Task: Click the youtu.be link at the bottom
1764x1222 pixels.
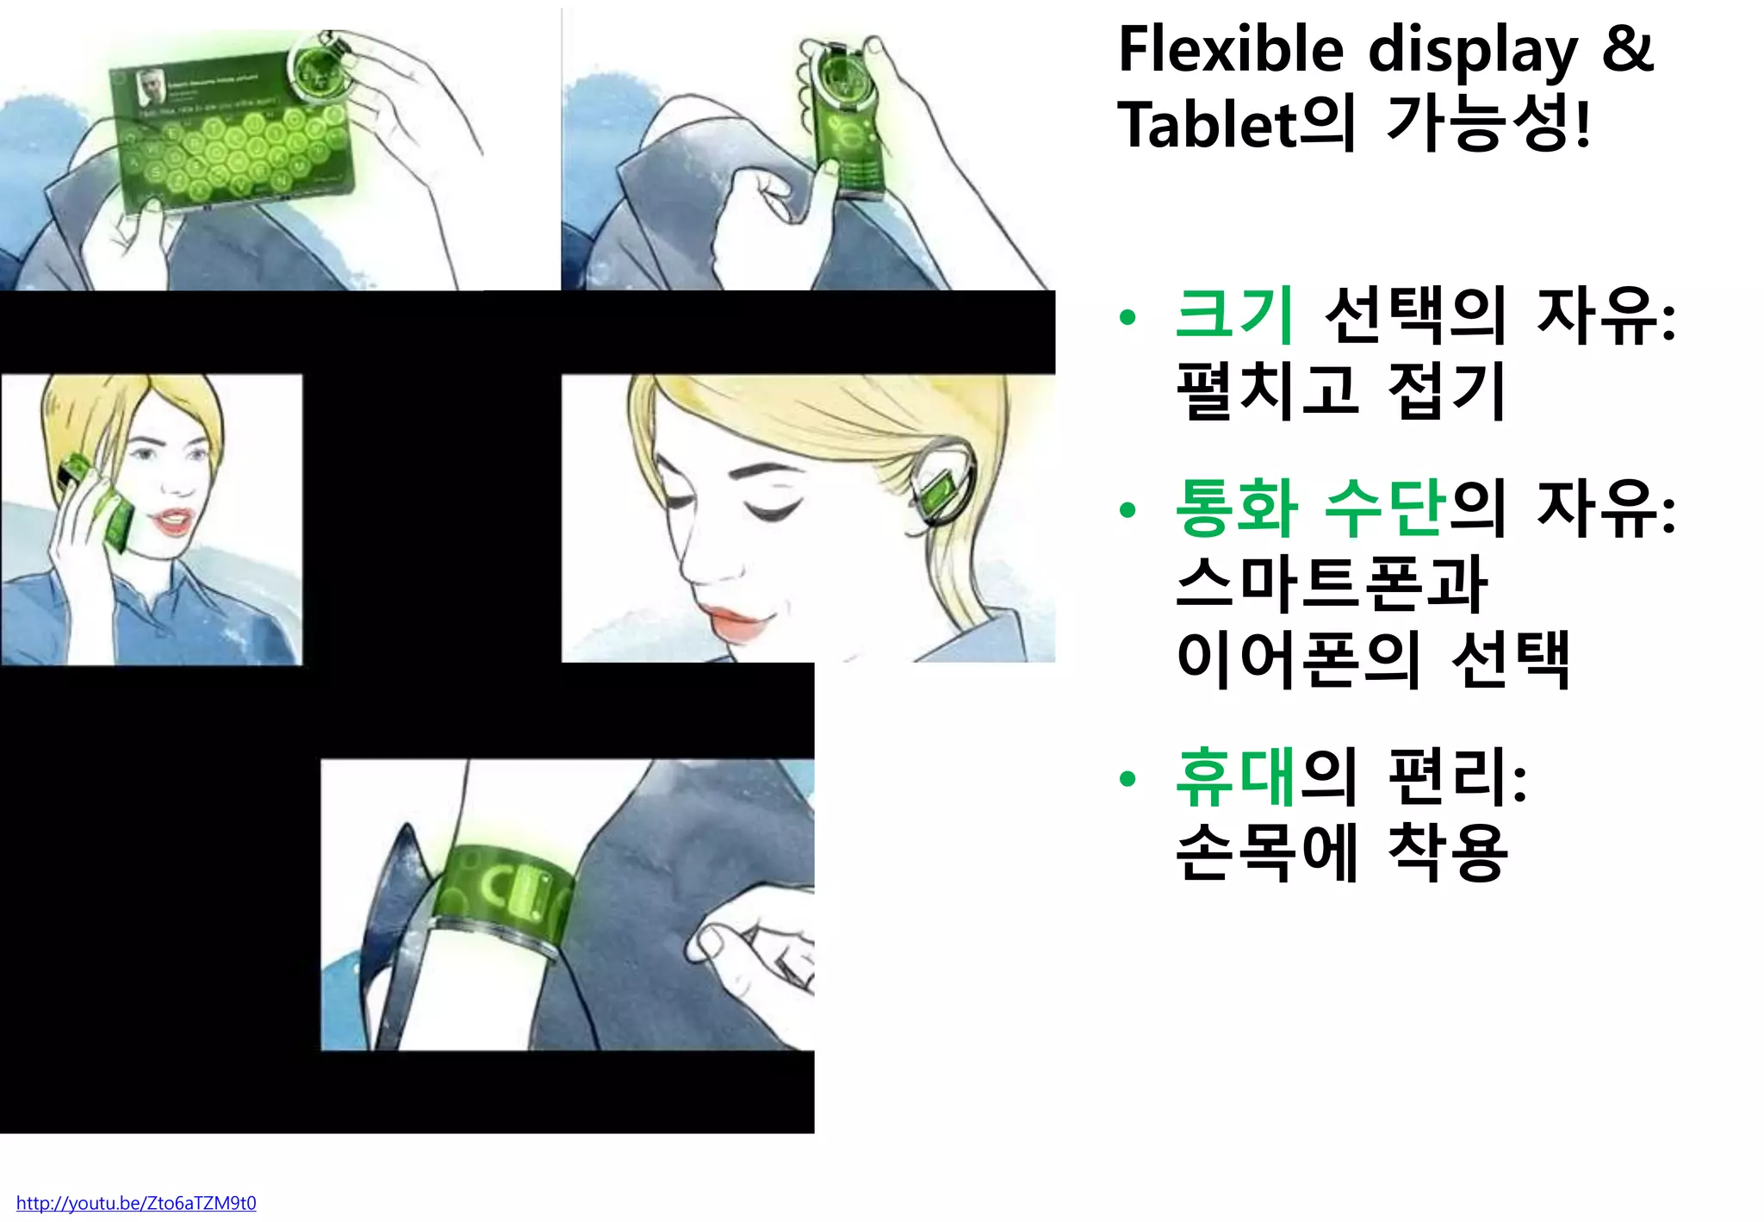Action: coord(136,1203)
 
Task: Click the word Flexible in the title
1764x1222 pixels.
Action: coord(1230,50)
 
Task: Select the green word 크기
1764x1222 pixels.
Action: coord(1234,315)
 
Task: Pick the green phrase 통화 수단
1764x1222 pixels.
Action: coord(1310,508)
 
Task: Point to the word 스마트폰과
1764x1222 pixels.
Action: coord(1332,583)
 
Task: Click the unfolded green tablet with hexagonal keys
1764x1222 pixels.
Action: coord(233,138)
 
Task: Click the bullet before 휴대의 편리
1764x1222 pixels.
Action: coord(1127,779)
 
